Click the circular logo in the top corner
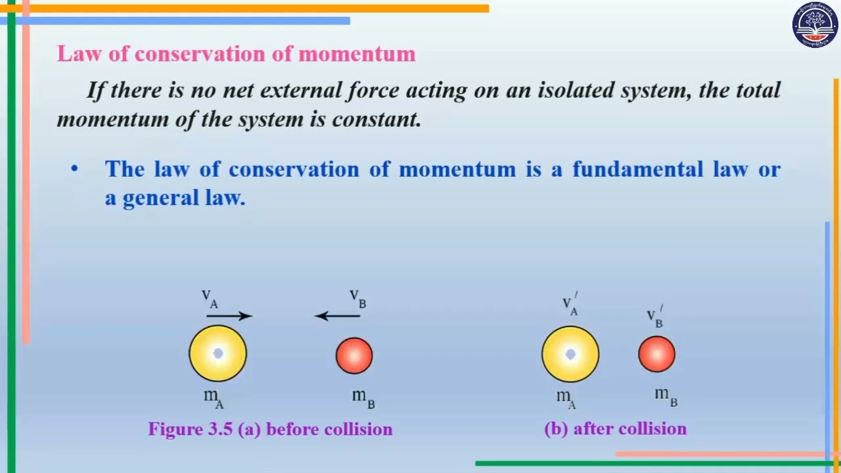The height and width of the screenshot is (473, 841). (x=815, y=25)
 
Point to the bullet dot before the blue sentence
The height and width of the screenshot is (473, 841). (x=74, y=169)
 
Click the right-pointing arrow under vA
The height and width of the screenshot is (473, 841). (x=229, y=316)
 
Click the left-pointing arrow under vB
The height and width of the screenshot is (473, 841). (x=338, y=316)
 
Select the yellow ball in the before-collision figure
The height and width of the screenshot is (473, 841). (x=218, y=353)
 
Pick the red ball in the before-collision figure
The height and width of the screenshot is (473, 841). (x=354, y=355)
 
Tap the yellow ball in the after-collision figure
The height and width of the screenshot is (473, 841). (x=570, y=355)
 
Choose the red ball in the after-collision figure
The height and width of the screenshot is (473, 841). (x=656, y=354)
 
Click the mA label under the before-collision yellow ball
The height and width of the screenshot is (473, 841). (x=213, y=397)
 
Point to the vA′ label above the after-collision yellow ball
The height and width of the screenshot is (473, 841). (x=570, y=304)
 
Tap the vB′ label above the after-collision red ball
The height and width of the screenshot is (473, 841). (x=654, y=316)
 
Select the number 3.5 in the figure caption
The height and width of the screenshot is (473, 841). (x=221, y=430)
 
